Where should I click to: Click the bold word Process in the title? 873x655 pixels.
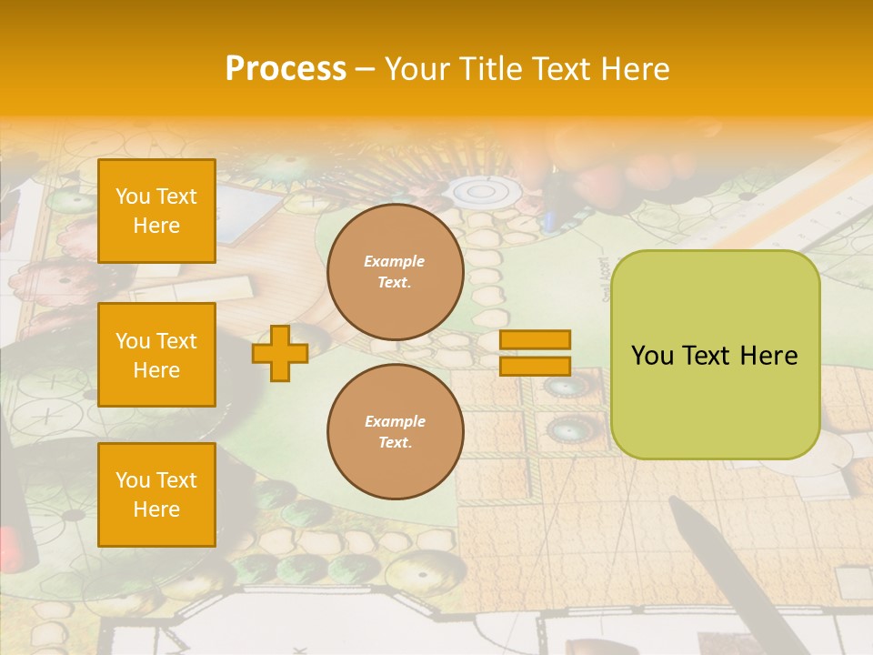286,69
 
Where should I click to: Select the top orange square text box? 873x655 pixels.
156,211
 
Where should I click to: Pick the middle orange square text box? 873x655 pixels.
156,355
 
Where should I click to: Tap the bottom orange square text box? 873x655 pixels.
156,495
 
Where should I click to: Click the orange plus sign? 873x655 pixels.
280,353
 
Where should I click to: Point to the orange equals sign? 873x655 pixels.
535,353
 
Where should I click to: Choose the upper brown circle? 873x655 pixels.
396,272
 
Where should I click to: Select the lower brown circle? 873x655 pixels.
396,432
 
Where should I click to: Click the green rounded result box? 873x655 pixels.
715,355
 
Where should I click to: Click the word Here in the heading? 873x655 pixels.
636,69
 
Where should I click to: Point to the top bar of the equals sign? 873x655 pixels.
535,339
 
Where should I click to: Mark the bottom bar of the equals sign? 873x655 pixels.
535,367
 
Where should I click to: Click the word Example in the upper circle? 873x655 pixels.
395,261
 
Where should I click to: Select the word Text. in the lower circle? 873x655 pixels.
395,443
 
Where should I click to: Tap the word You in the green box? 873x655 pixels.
653,356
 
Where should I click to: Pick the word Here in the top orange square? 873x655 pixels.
156,226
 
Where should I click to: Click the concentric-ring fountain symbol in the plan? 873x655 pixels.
481,191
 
